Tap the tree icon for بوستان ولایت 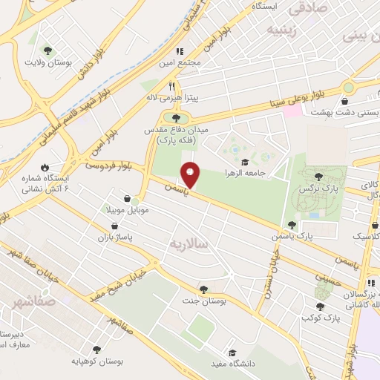48,50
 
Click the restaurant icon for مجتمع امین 179,51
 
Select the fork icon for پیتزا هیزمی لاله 173,86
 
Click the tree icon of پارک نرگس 318,177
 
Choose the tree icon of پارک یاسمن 292,224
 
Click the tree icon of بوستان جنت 203,289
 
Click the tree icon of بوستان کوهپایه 96,349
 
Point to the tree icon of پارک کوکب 321,307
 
